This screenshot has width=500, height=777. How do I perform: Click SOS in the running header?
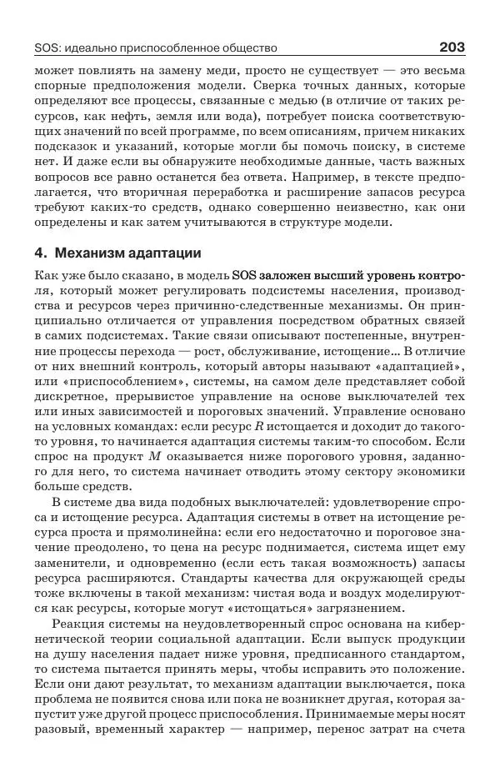pos(49,48)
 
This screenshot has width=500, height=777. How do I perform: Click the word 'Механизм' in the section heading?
pos(88,253)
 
